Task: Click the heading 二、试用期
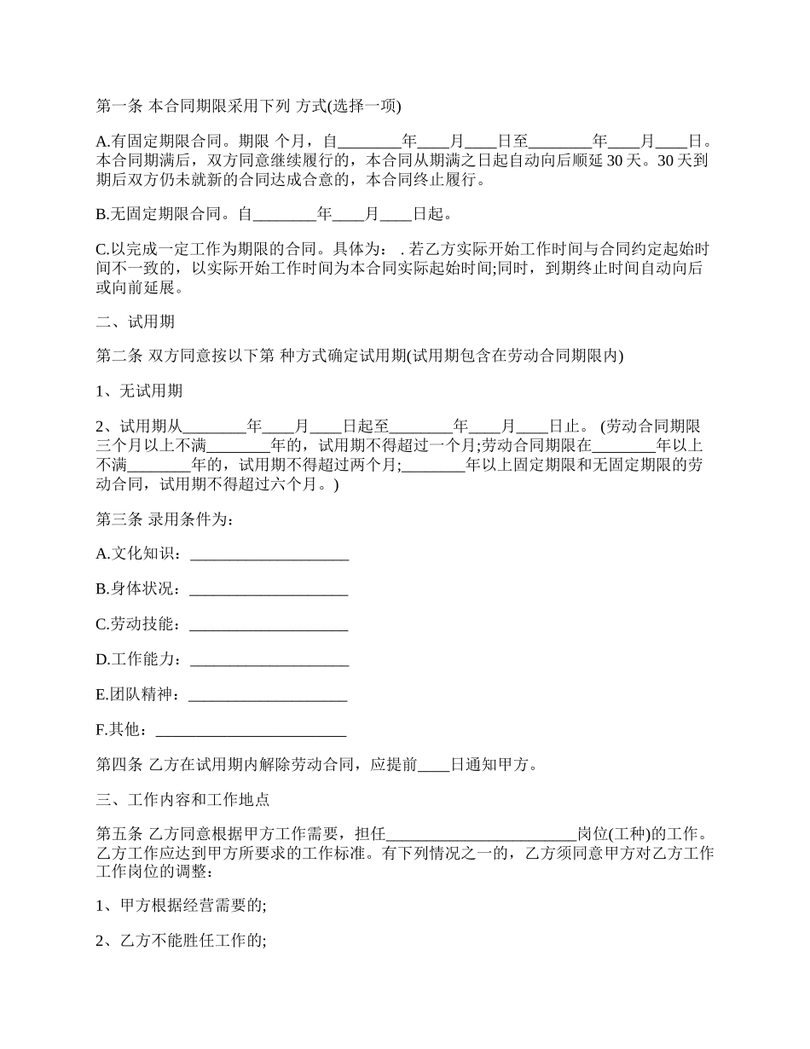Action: coord(136,322)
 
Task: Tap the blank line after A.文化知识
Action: coord(269,557)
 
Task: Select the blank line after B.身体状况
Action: coord(268,591)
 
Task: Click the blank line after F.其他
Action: coord(252,731)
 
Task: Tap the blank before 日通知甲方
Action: coord(433,765)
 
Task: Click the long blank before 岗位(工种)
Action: coord(482,834)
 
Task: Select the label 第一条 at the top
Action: coord(119,107)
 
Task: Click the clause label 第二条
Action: coord(119,356)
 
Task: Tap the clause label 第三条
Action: coord(119,519)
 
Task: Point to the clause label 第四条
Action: coord(119,764)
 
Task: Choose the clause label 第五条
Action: coord(119,833)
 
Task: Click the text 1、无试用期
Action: coord(139,391)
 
